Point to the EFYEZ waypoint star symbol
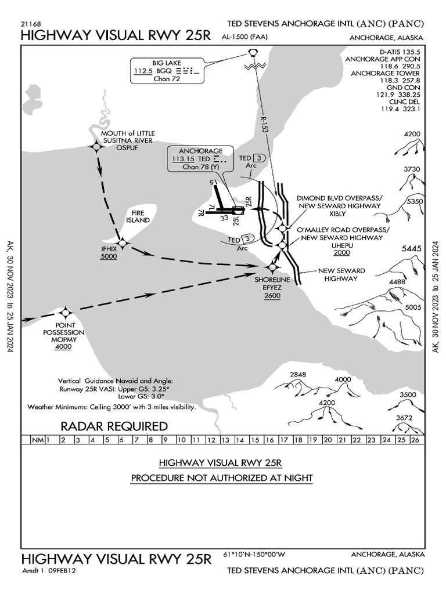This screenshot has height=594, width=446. point(272,267)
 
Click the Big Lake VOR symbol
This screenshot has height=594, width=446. point(253,53)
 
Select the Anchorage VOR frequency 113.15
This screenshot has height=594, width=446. point(184,158)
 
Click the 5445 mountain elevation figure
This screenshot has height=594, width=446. point(411,248)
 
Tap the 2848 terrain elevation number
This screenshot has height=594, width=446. point(298,374)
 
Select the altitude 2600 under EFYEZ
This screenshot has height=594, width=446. point(272,296)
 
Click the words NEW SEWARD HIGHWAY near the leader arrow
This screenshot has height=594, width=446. point(341,275)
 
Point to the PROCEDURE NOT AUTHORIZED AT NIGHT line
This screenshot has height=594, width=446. point(221,478)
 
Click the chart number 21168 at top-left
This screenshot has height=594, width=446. point(30,24)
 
